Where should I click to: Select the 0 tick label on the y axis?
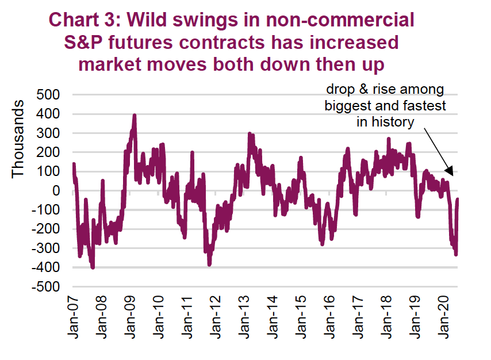pyautogui.click(x=58, y=190)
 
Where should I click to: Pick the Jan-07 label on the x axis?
pyautogui.click(x=74, y=318)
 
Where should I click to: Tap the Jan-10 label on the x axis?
pyautogui.click(x=158, y=318)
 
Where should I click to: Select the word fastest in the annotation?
pyautogui.click(x=426, y=106)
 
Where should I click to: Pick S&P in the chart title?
pyautogui.click(x=89, y=43)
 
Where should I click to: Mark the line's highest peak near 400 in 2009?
pyautogui.click(x=135, y=115)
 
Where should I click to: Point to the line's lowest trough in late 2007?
pyautogui.click(x=93, y=267)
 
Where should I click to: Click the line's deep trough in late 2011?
pyautogui.click(x=209, y=264)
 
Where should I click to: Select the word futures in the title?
pyautogui.click(x=152, y=43)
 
